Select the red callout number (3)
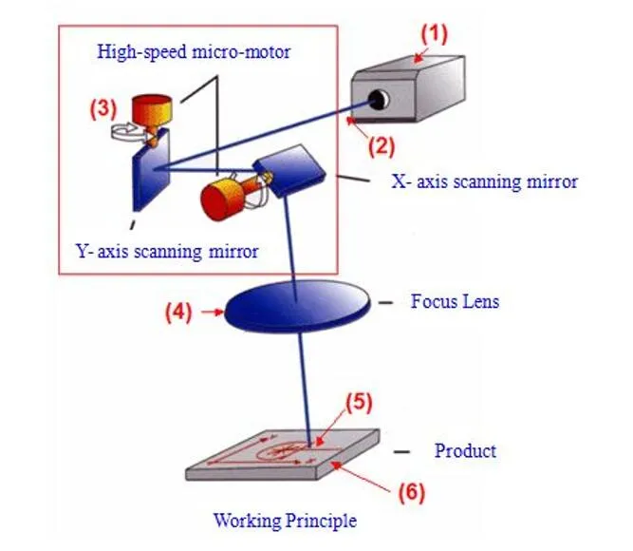[103, 107]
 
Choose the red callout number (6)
[409, 492]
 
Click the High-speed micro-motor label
[194, 51]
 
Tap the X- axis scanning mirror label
[484, 180]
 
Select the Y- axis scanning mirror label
[167, 252]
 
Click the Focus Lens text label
[455, 302]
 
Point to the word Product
[465, 450]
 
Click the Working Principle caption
[285, 520]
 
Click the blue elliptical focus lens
[296, 307]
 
